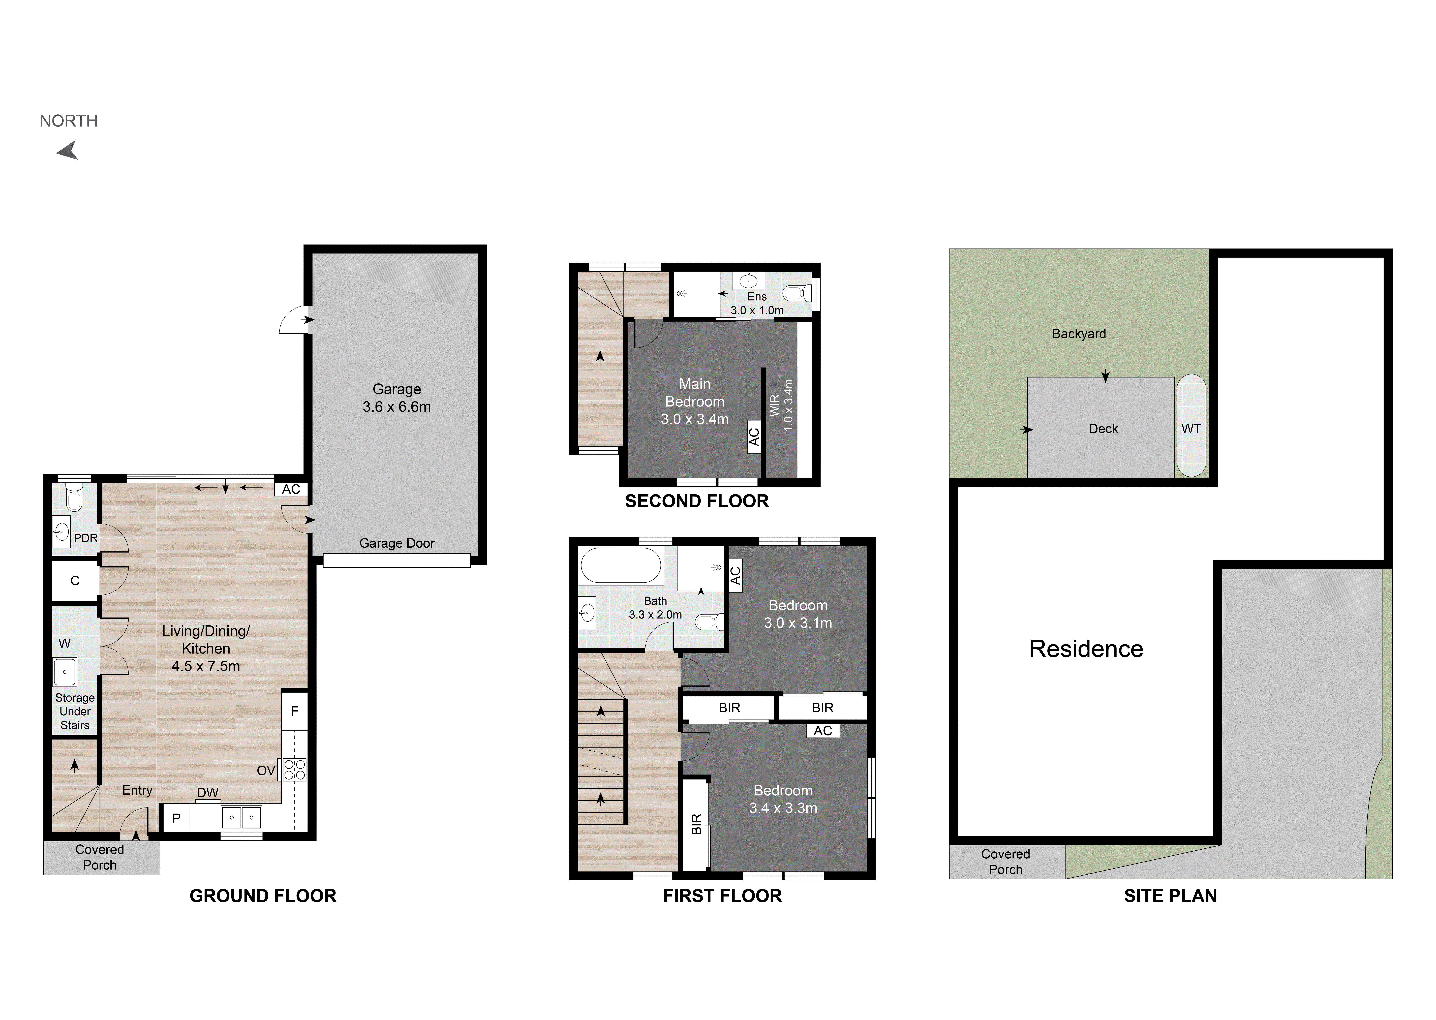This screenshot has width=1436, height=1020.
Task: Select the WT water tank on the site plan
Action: tap(1191, 426)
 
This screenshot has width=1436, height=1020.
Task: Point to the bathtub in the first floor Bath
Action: tap(621, 565)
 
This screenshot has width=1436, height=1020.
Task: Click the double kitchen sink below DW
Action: tap(241, 818)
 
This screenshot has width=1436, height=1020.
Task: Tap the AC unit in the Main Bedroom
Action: tap(754, 436)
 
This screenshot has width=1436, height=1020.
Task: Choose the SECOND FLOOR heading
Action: tap(697, 501)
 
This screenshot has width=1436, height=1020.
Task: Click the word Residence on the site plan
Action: tap(1086, 649)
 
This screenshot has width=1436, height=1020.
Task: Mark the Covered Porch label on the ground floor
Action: tap(100, 857)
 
